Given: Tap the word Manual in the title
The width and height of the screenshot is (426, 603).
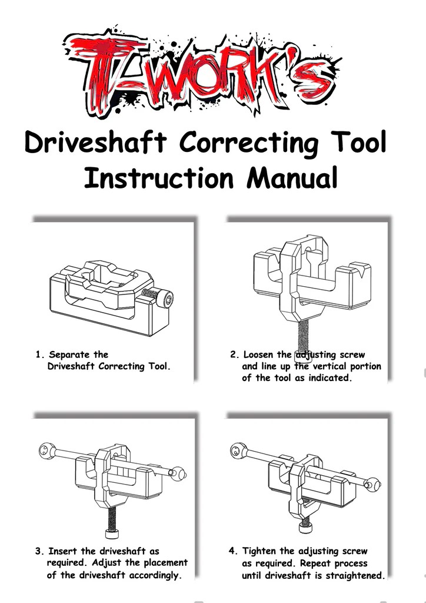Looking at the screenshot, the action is pyautogui.click(x=292, y=177).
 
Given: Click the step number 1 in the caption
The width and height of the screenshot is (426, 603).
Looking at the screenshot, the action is pyautogui.click(x=38, y=354).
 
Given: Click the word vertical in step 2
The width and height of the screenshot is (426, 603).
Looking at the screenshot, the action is pyautogui.click(x=329, y=366).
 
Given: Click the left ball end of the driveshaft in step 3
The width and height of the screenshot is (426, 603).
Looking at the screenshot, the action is pyautogui.click(x=48, y=449).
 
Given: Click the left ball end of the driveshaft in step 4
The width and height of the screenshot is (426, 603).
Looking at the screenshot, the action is pyautogui.click(x=238, y=449).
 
